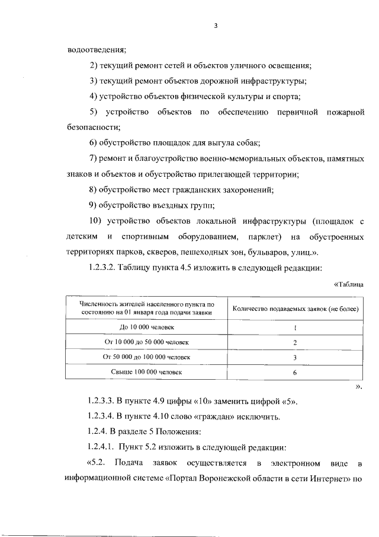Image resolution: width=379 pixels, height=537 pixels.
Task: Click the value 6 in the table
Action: pos(295,373)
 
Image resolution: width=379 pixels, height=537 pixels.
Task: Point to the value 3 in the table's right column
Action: pos(295,358)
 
